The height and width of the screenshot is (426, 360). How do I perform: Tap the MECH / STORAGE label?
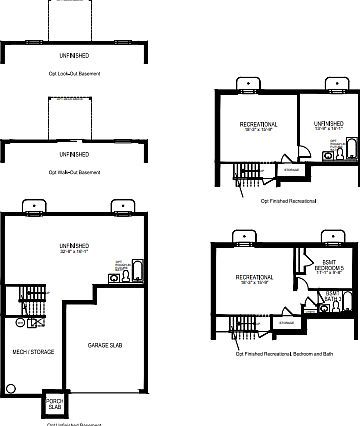pyautogui.click(x=34, y=352)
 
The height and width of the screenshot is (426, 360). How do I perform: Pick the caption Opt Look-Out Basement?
pyautogui.click(x=74, y=74)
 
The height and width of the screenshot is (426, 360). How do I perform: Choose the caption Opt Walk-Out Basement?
pyautogui.click(x=74, y=171)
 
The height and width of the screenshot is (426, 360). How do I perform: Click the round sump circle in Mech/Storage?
pyautogui.click(x=11, y=389)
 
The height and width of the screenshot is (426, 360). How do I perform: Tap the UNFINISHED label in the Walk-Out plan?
pyautogui.click(x=74, y=155)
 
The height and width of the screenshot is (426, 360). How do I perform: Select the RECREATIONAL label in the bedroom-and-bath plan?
pyautogui.click(x=257, y=278)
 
